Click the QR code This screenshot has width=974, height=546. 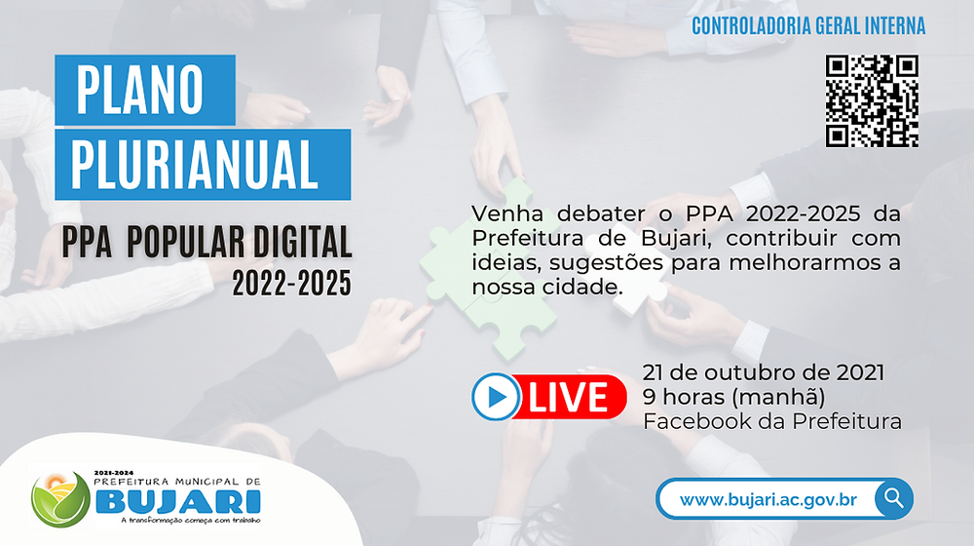pos(872,101)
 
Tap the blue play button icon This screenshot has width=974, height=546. pos(496,397)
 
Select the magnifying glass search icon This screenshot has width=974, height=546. pos(894,498)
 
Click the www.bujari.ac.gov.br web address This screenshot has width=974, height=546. pos(768,500)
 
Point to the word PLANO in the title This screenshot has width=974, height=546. pos(139,90)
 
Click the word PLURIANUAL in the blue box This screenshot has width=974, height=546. pos(195,164)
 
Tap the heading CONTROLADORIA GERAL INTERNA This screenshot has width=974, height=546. pos(808,26)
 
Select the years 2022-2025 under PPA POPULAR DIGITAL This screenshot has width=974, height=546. pos(292,284)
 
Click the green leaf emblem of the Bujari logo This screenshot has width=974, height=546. pos(60,499)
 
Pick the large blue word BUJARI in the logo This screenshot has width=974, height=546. pos(177,501)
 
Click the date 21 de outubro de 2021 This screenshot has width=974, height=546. pos(764,372)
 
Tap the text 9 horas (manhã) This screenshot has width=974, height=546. pos(733,397)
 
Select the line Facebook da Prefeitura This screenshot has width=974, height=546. pos(772,421)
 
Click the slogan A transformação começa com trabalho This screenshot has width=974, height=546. pos(191,520)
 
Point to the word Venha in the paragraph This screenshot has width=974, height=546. pos(506,214)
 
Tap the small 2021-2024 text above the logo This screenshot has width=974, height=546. pos(113,473)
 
